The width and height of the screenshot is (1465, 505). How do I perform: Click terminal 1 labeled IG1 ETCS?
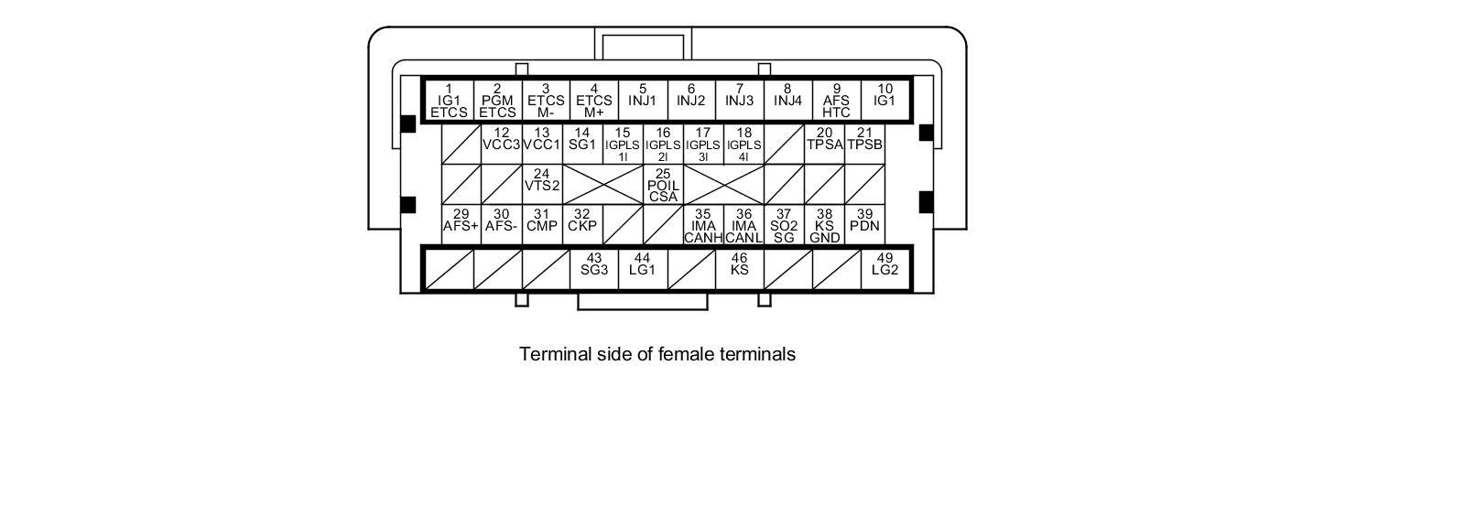[449, 101]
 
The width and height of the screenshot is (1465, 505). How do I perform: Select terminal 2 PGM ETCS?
[497, 101]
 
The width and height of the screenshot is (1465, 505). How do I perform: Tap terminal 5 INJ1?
[642, 101]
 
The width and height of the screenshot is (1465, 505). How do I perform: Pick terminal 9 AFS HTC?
[836, 101]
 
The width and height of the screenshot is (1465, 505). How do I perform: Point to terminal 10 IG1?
[884, 101]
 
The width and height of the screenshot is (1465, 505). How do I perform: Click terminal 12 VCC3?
[501, 144]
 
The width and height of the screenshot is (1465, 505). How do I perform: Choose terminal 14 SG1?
[581, 144]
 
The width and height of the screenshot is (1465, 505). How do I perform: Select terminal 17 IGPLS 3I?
[703, 145]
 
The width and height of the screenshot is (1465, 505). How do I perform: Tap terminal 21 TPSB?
[864, 144]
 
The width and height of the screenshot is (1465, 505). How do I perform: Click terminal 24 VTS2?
[541, 184]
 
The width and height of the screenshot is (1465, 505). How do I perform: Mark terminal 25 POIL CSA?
[663, 184]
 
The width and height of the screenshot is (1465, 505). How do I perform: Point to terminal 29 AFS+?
[461, 225]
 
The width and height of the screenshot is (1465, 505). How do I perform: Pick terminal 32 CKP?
[581, 225]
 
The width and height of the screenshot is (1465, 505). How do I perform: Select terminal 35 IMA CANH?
[703, 225]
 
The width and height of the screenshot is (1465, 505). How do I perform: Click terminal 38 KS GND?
[824, 225]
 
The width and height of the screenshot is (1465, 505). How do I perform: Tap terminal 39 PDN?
[864, 225]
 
